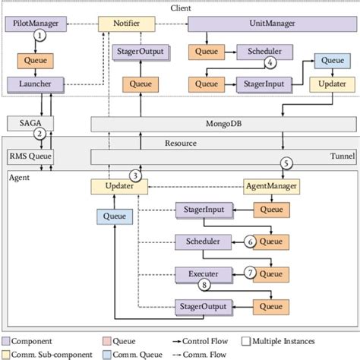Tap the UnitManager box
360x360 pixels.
[250, 24]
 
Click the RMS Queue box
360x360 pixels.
[28, 157]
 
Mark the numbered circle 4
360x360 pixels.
[268, 63]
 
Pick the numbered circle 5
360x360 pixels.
[286, 162]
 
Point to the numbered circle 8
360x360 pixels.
[204, 286]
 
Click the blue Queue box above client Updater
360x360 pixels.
[330, 60]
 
